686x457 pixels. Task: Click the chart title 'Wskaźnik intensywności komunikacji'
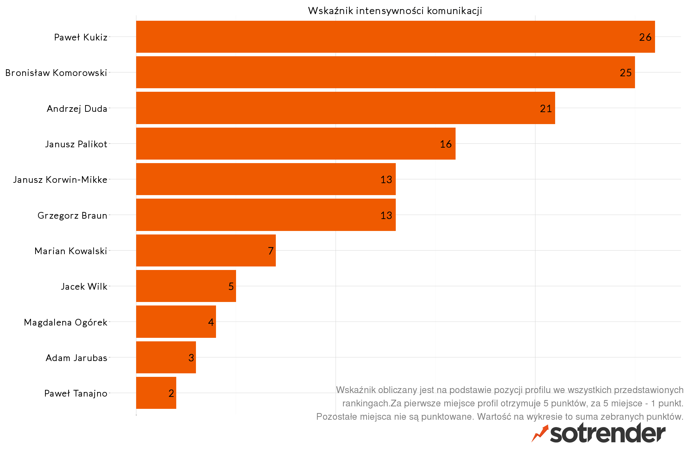tap(395, 11)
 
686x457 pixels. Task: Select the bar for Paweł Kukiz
tap(395, 37)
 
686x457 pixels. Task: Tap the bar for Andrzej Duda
tap(345, 108)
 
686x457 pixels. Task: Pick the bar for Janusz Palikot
tap(296, 144)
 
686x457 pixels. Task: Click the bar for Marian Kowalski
tap(206, 251)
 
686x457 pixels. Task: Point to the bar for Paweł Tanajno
tap(156, 393)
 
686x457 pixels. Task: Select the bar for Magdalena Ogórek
tap(176, 322)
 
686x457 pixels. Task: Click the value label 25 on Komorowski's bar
tap(625, 73)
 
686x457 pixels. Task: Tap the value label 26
tap(645, 37)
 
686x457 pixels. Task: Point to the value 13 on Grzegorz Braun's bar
tap(386, 215)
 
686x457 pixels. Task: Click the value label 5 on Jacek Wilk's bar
tap(231, 287)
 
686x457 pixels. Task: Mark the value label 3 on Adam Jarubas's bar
tap(191, 358)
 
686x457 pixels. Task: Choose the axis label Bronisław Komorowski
tap(56, 73)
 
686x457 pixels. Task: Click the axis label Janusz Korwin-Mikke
tap(60, 180)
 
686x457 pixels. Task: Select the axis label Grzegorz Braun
tap(72, 215)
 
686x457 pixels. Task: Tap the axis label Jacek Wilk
tap(84, 287)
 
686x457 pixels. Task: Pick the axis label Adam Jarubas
tap(76, 358)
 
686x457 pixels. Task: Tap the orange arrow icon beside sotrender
tap(540, 433)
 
